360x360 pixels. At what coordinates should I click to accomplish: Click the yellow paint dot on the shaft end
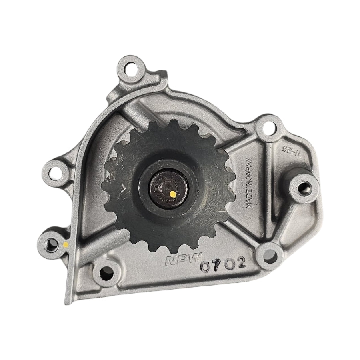click(172, 194)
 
